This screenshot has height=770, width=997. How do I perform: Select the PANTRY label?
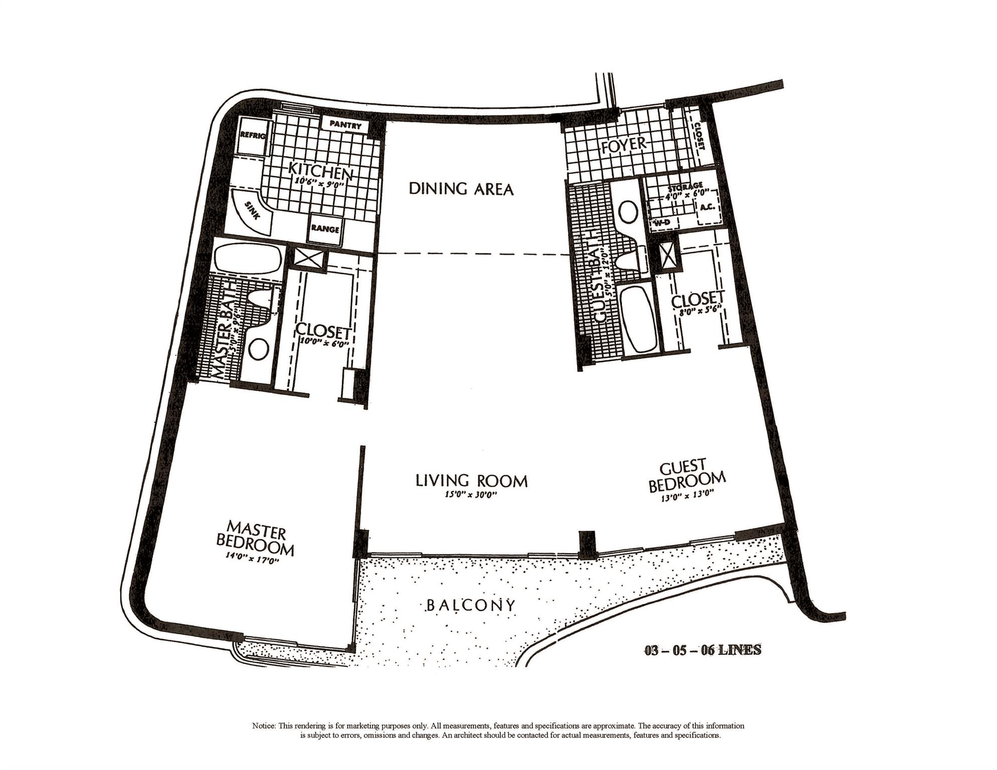click(346, 124)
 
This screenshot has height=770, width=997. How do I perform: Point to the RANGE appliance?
click(325, 229)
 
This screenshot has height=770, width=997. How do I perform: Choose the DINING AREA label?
click(461, 189)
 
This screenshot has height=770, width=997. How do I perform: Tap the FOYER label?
click(624, 145)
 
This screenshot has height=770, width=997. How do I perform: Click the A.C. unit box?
click(707, 207)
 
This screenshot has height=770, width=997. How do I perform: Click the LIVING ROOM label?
click(471, 481)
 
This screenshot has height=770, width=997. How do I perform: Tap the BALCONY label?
click(470, 605)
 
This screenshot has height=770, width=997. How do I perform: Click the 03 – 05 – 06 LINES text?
click(702, 650)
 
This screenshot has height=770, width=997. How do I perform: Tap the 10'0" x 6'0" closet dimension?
click(323, 344)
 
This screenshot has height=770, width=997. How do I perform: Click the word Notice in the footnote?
click(263, 726)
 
